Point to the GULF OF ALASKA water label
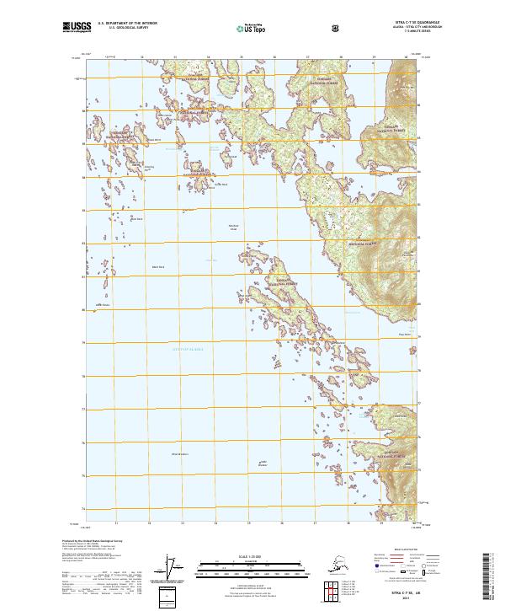189,348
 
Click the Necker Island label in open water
235,227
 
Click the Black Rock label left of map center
157,268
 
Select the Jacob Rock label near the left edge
102,305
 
